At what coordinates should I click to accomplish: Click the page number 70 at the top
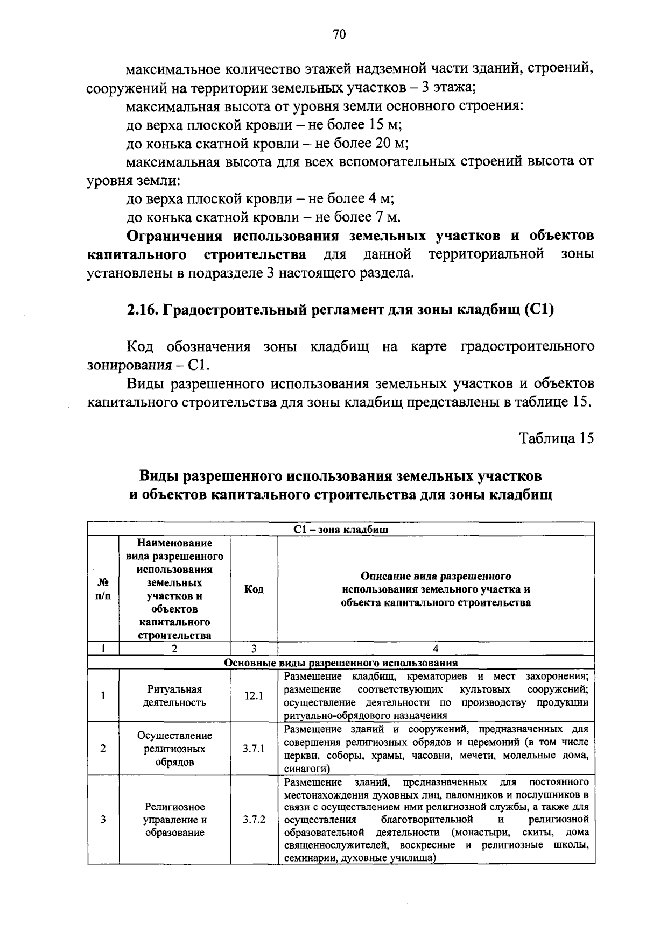339,35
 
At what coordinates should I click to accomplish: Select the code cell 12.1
253,696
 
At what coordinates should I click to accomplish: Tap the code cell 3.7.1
253,749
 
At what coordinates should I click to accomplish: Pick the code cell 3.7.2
254,820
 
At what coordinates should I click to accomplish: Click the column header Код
254,589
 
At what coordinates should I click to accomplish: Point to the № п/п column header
103,589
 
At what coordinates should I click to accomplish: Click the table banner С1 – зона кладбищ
341,529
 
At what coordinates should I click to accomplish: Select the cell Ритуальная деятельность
174,696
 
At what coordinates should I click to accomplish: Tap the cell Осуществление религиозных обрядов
174,749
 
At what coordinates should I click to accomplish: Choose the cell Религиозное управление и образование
174,820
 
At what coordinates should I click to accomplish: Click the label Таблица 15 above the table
556,438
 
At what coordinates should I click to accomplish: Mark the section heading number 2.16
142,311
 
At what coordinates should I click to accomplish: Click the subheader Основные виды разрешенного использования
341,663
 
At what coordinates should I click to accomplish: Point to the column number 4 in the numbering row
436,649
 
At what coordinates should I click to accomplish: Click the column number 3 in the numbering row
254,649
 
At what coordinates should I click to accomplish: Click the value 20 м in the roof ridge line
392,144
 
